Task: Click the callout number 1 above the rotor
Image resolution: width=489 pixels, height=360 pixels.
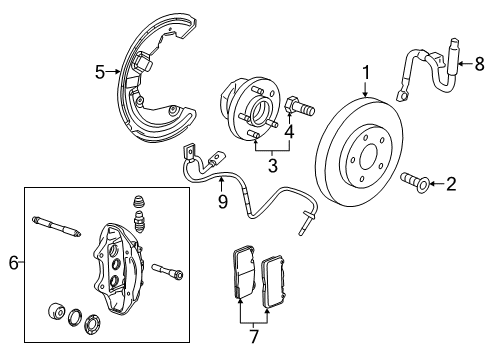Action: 365,72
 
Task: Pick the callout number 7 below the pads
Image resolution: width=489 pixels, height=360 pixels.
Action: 254,337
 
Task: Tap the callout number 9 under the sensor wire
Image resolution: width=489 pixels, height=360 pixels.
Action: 223,202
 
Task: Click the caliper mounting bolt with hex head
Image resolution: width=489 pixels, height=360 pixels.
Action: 169,270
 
